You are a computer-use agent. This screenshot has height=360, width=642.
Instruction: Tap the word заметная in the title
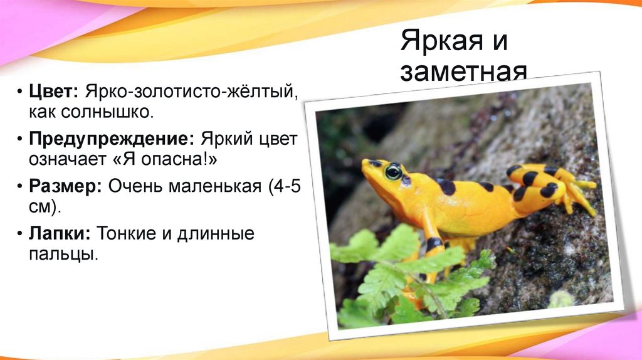[464, 72]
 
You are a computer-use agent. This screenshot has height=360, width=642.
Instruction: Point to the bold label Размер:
[66, 186]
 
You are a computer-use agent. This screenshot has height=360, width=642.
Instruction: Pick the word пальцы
[63, 255]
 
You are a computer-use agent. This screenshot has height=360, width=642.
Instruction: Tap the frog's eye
[394, 171]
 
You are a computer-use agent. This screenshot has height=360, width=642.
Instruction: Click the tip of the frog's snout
[364, 164]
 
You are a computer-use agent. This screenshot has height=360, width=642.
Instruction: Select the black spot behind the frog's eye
[446, 186]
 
